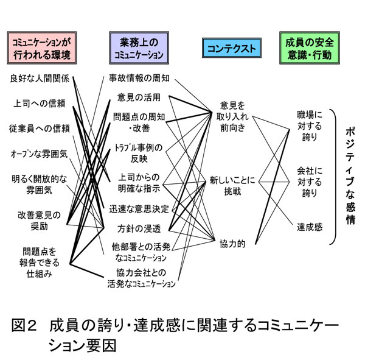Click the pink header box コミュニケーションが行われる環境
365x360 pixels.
[42, 48]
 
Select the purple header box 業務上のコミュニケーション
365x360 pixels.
[139, 48]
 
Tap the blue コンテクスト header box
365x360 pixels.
[232, 48]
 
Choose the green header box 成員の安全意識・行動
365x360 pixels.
[310, 48]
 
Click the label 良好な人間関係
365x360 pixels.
[40, 79]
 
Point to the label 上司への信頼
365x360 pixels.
[40, 104]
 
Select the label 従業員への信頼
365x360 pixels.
[40, 129]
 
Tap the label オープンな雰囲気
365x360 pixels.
[39, 154]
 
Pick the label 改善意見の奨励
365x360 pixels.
[39, 221]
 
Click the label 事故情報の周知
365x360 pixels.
[139, 78]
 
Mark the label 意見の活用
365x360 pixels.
[139, 97]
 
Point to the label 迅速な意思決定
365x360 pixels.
[139, 209]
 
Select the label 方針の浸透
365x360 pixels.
[139, 228]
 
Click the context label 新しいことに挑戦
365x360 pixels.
[232, 186]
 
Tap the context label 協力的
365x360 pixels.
[232, 244]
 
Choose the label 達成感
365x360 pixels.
[310, 227]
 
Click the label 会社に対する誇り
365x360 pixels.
[310, 182]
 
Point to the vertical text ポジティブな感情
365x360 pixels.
[350, 175]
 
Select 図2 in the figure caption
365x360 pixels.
[24, 325]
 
